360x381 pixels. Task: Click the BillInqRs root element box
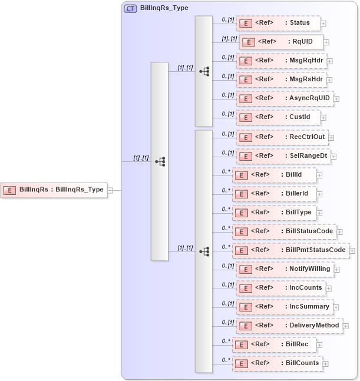click(54, 190)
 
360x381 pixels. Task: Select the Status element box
click(278, 23)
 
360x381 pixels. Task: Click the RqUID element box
click(281, 42)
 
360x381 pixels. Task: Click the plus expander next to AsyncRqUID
click(336, 99)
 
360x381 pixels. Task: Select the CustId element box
click(278, 117)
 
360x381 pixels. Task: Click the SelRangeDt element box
click(282, 156)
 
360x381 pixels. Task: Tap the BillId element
click(275, 175)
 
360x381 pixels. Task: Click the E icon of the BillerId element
click(241, 194)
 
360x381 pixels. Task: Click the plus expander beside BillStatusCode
click(339, 232)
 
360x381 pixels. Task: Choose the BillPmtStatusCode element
click(290, 250)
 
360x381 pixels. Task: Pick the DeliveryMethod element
click(289, 326)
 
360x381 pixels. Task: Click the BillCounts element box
click(277, 363)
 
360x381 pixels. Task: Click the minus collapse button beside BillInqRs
click(110, 190)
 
